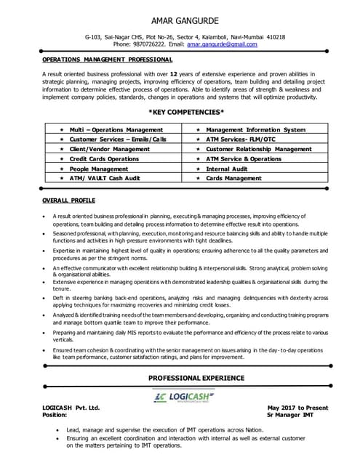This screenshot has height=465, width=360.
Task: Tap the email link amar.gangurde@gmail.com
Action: pos(222,44)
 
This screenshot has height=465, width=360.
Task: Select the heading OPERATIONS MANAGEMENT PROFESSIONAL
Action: pos(107,59)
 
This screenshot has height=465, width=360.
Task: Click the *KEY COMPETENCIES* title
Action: pos(185,112)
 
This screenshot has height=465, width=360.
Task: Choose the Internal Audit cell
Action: pos(228,168)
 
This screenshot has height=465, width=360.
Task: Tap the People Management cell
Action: pos(99,168)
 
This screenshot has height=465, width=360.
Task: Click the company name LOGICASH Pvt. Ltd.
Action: pos(71,408)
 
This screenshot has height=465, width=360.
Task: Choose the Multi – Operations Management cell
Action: pos(116,129)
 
